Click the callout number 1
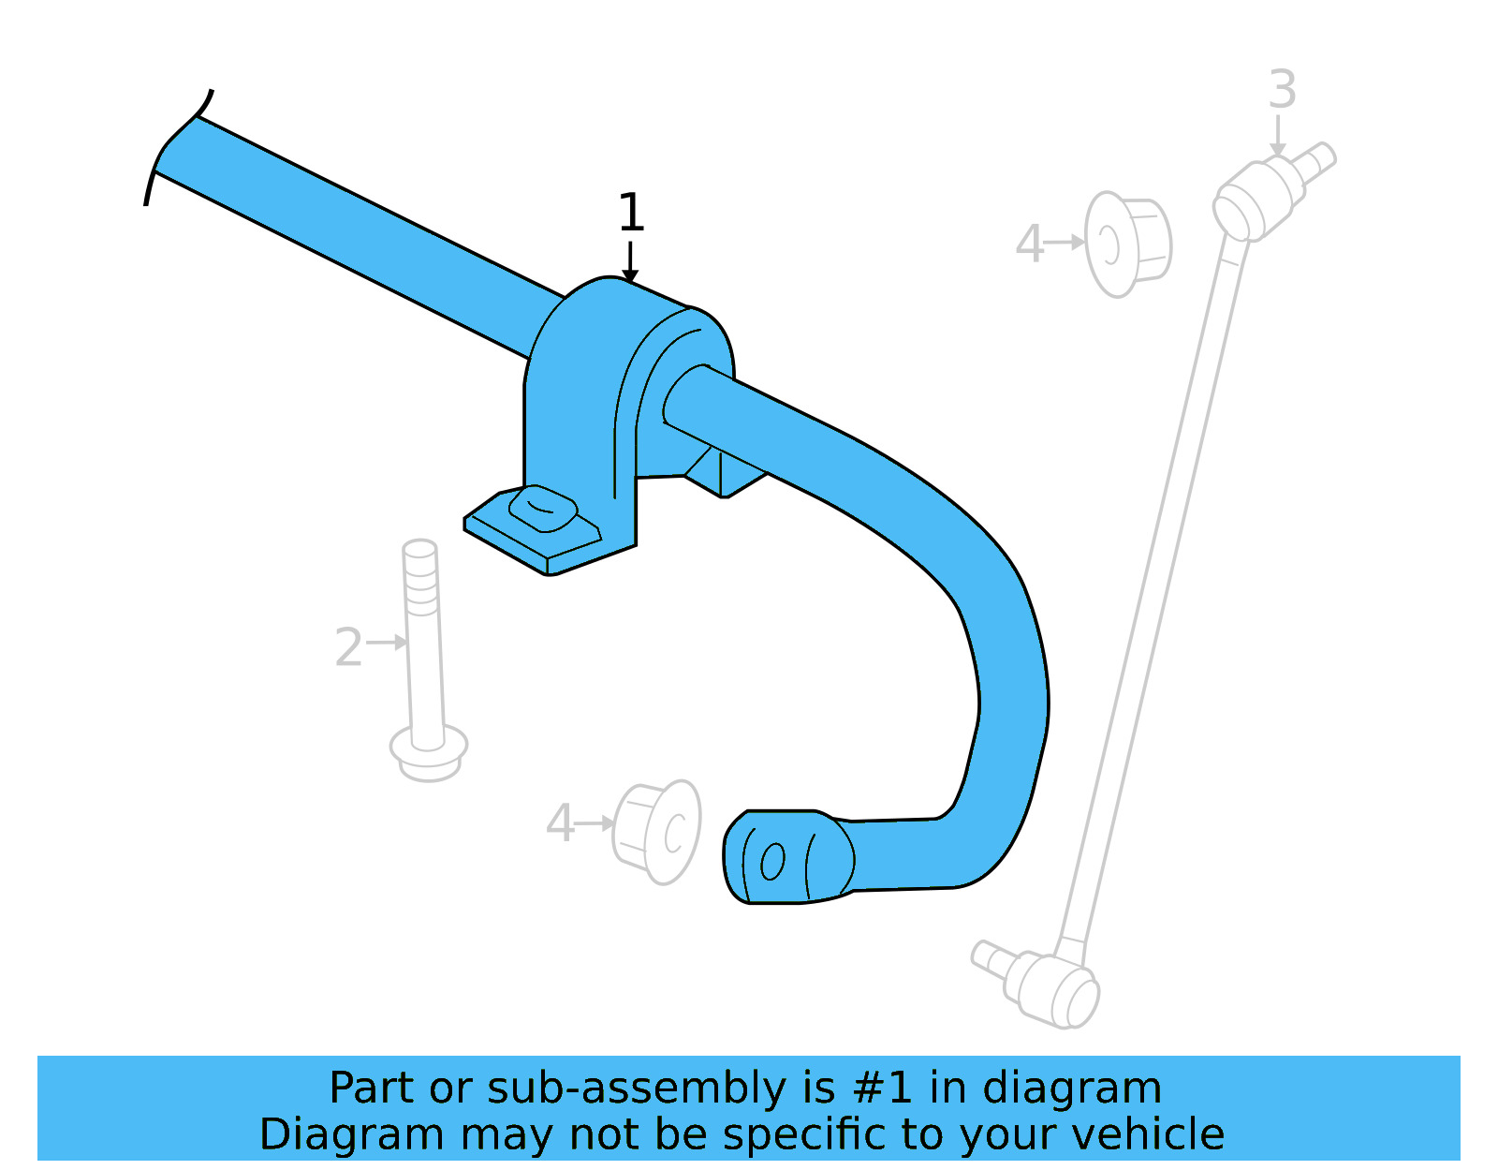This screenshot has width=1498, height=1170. tap(631, 214)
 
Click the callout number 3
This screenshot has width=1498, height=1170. tap(1282, 91)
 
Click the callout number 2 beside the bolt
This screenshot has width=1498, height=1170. tap(348, 648)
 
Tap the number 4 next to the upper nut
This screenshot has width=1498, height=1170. tap(1029, 244)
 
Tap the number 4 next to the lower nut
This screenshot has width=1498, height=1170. tap(560, 824)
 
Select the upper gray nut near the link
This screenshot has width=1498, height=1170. tap(1127, 244)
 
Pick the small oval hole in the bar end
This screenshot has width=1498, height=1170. tap(772, 862)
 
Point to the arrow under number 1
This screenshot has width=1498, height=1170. tap(630, 261)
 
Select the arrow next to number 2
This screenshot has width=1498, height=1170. tap(387, 643)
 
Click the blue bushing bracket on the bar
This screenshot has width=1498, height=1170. tap(599, 393)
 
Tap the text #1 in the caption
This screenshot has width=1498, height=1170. tap(882, 1089)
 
